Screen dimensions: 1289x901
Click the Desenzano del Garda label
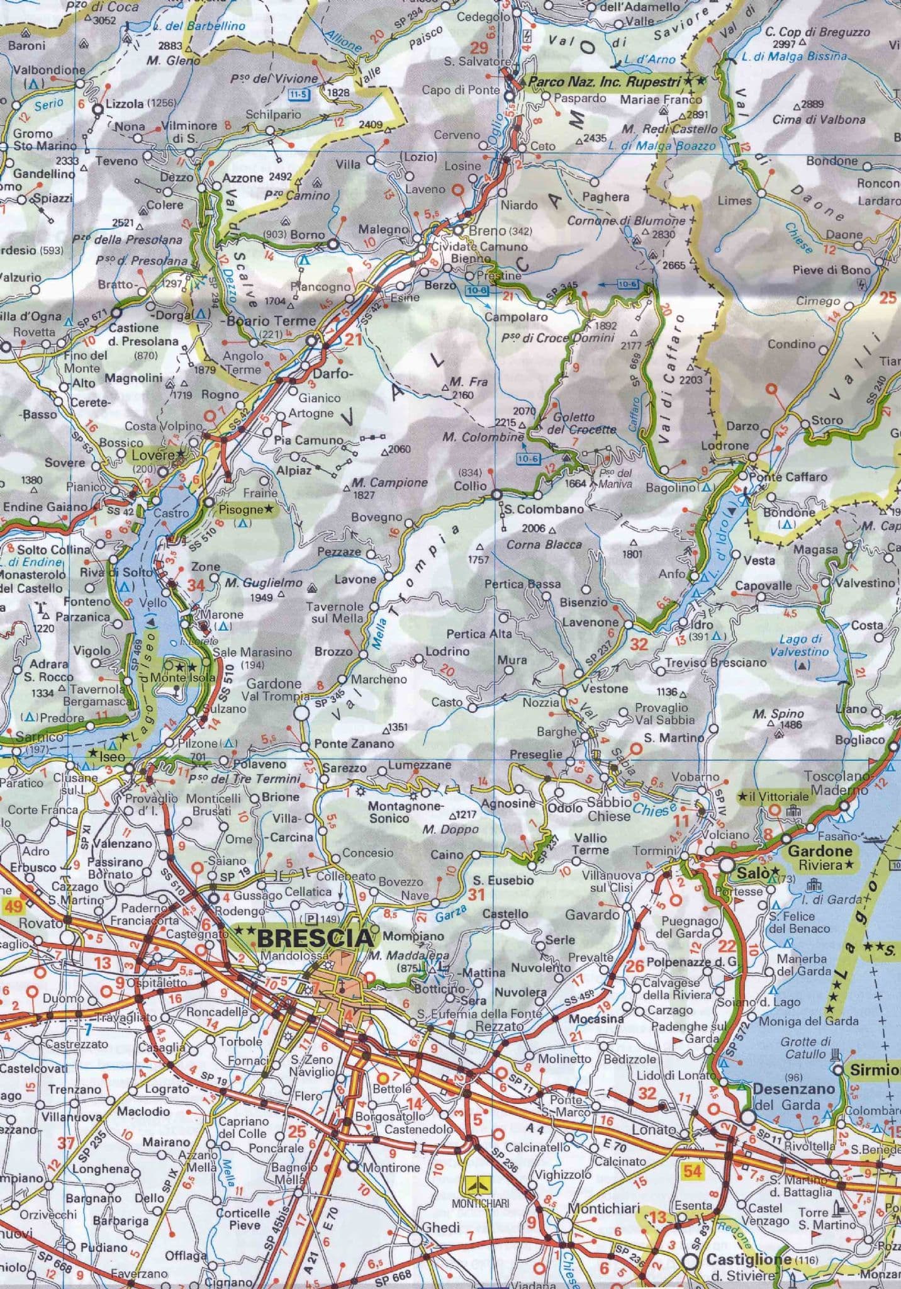pos(794,1096)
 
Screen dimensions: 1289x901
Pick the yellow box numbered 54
pos(693,1171)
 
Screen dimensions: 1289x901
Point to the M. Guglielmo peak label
pos(264,583)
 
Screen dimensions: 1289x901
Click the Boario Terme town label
pos(271,320)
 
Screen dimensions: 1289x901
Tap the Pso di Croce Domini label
pos(557,337)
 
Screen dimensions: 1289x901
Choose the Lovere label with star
pos(157,454)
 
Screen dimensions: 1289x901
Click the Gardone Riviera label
pos(820,857)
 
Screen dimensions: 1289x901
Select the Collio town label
pos(472,486)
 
